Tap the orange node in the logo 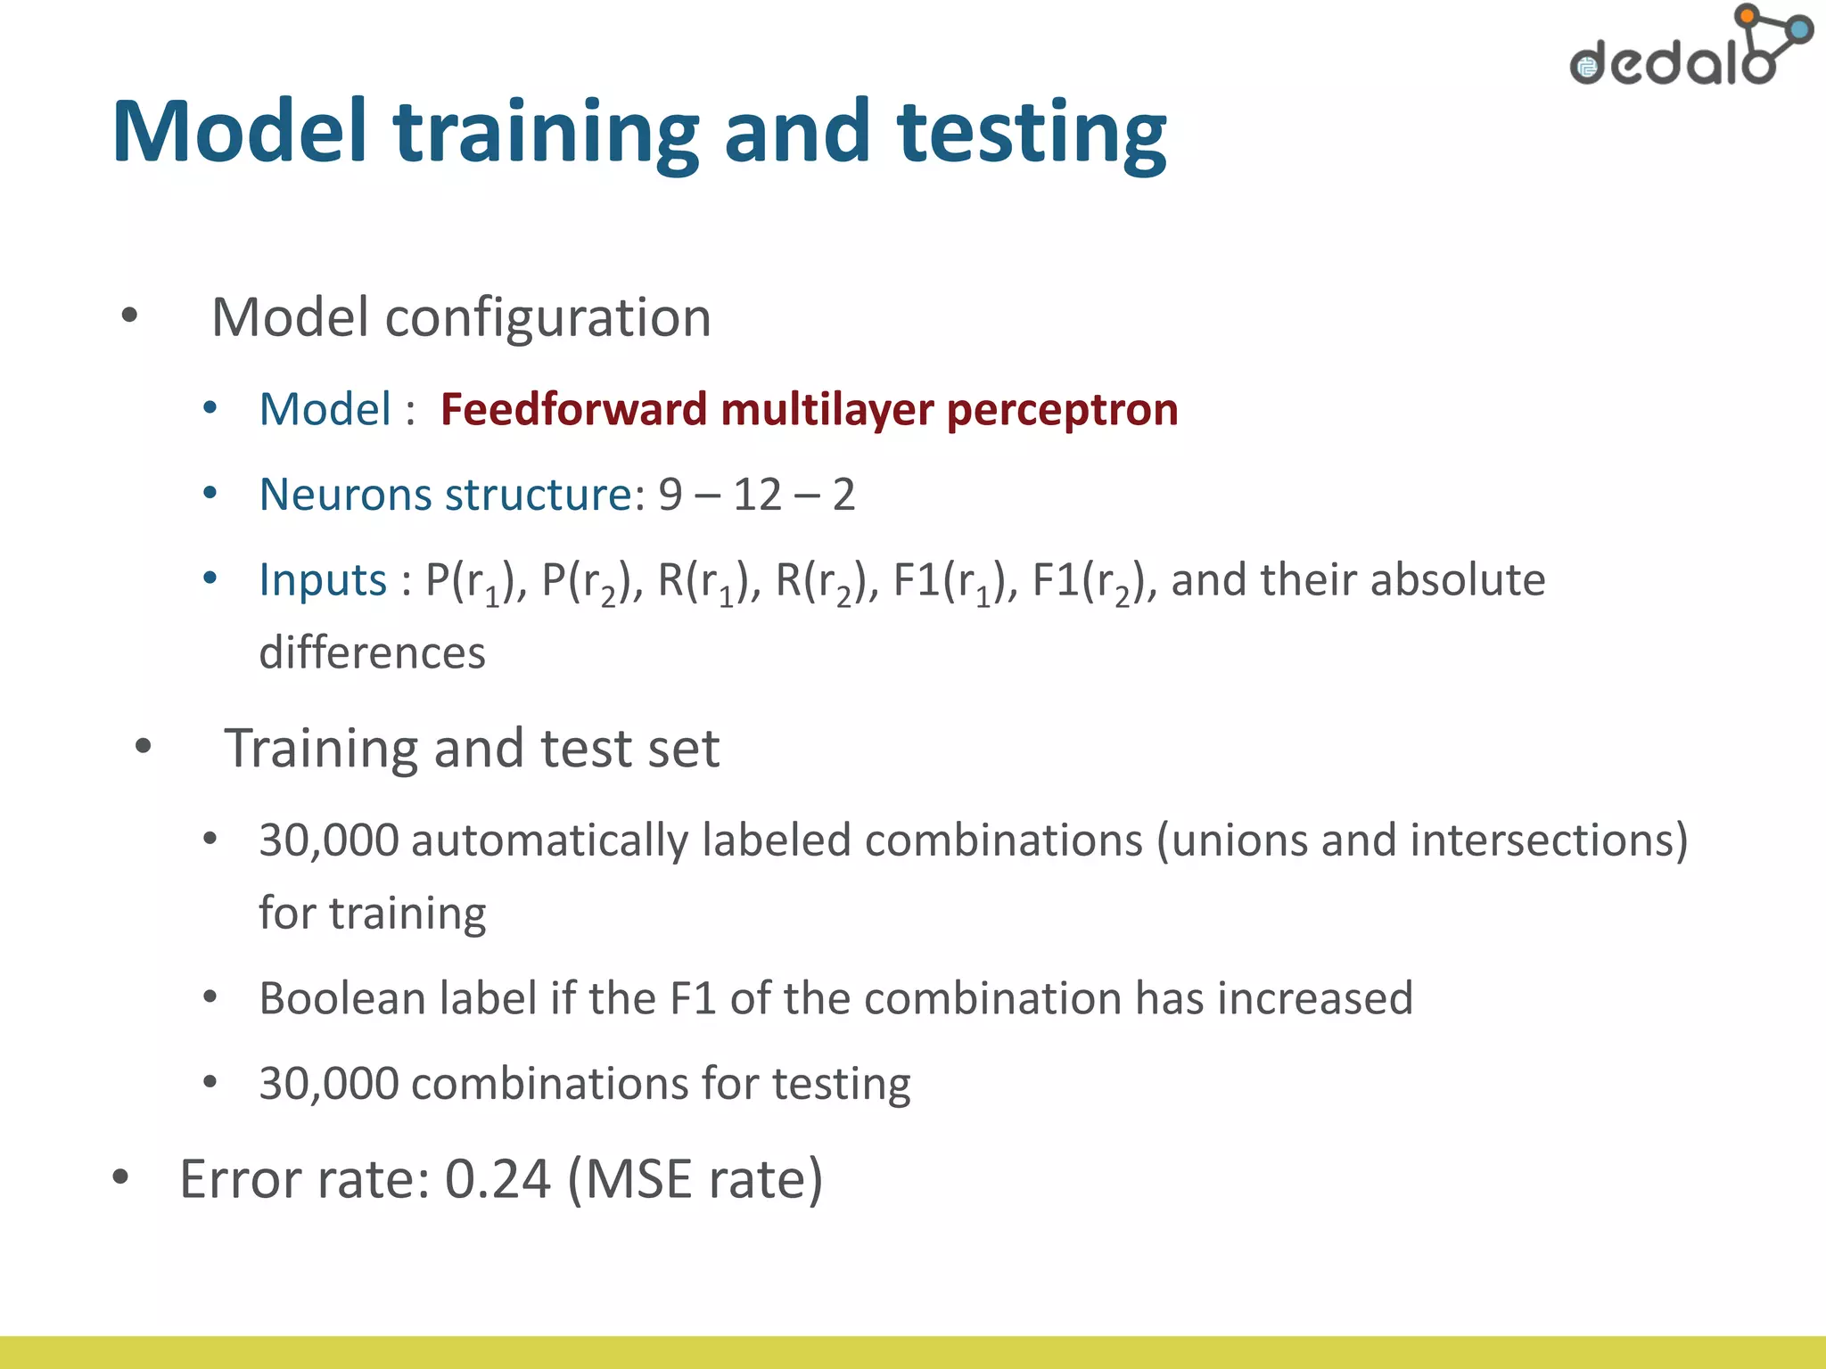[x=1747, y=16]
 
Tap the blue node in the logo [x=1801, y=30]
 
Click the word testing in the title [x=1031, y=134]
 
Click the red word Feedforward [x=573, y=410]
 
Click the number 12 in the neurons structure [x=757, y=495]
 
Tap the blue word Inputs [x=323, y=580]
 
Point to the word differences [x=372, y=653]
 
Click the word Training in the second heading [x=320, y=750]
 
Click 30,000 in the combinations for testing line [x=328, y=1085]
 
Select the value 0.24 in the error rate [x=498, y=1180]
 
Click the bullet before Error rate [x=121, y=1177]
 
